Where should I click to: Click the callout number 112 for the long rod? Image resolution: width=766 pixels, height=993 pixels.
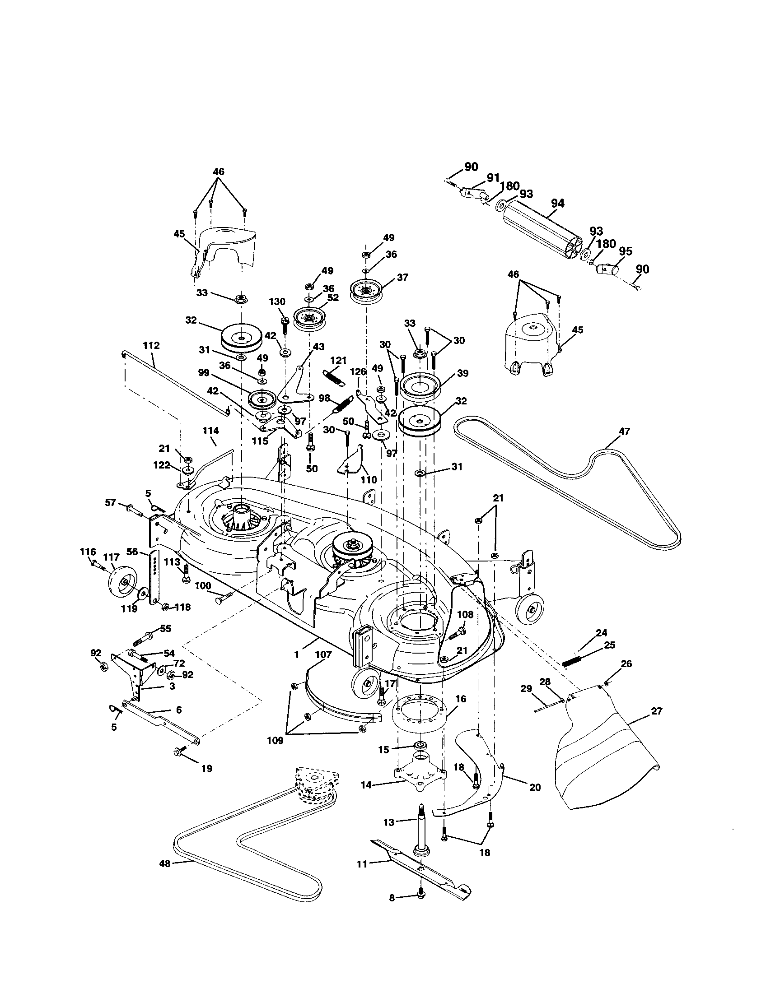coord(151,346)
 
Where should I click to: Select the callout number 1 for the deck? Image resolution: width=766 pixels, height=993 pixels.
coord(297,654)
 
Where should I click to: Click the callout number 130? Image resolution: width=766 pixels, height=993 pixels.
coord(277,302)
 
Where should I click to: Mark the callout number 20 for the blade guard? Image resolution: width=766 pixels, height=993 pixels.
coord(535,787)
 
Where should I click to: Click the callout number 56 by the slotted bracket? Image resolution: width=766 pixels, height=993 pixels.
coord(132,551)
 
